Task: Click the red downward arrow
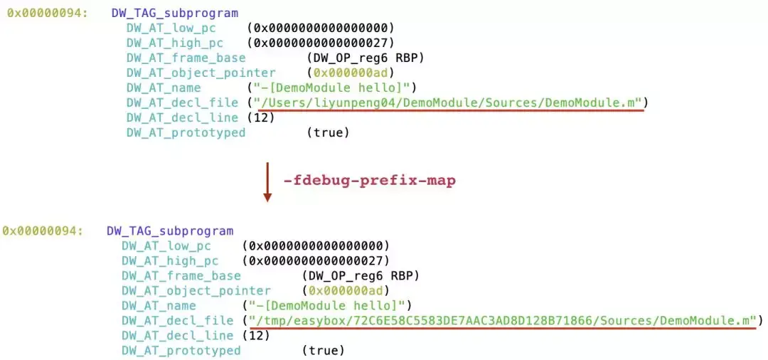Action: coord(267,182)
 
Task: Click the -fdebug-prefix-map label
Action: coord(369,181)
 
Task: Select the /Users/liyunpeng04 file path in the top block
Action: coord(451,102)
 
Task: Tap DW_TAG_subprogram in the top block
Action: coord(175,13)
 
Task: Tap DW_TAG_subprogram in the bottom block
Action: coord(170,231)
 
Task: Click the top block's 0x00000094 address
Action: coord(48,13)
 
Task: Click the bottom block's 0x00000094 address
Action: coord(43,231)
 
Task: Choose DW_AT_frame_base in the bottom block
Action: coord(181,275)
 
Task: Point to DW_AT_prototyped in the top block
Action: coord(186,132)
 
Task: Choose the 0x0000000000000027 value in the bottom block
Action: coord(316,260)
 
